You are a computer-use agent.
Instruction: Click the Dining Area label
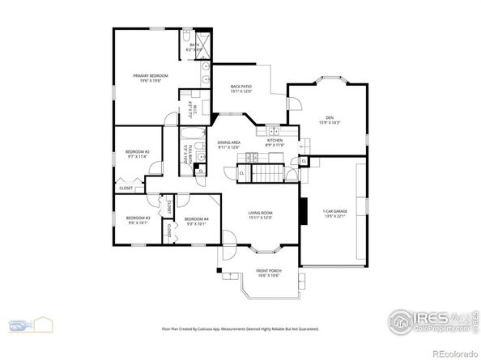[229, 145]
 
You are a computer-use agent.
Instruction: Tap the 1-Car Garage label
[335, 214]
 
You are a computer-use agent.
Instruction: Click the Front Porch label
[268, 273]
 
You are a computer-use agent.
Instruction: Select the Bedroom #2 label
[135, 154]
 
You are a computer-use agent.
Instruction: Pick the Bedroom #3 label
[134, 220]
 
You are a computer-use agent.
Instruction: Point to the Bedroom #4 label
[196, 220]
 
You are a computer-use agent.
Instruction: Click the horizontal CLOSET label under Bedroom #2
[126, 188]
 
